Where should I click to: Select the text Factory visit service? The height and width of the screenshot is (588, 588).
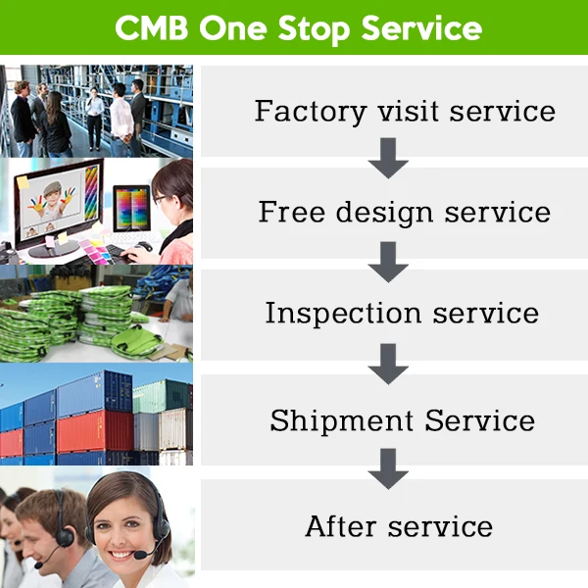405,110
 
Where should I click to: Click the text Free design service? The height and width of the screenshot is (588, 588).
405,211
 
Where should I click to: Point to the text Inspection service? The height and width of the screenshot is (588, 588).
402,313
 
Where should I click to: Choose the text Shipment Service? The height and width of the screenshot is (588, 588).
403,420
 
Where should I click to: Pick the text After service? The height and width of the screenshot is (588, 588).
399,525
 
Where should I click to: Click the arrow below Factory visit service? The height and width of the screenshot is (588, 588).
388,158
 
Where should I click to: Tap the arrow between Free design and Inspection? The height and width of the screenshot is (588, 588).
388,262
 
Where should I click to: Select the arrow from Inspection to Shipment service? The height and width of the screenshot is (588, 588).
388,365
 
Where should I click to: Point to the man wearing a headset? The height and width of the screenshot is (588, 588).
54,529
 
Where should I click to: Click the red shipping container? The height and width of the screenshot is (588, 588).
93,430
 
